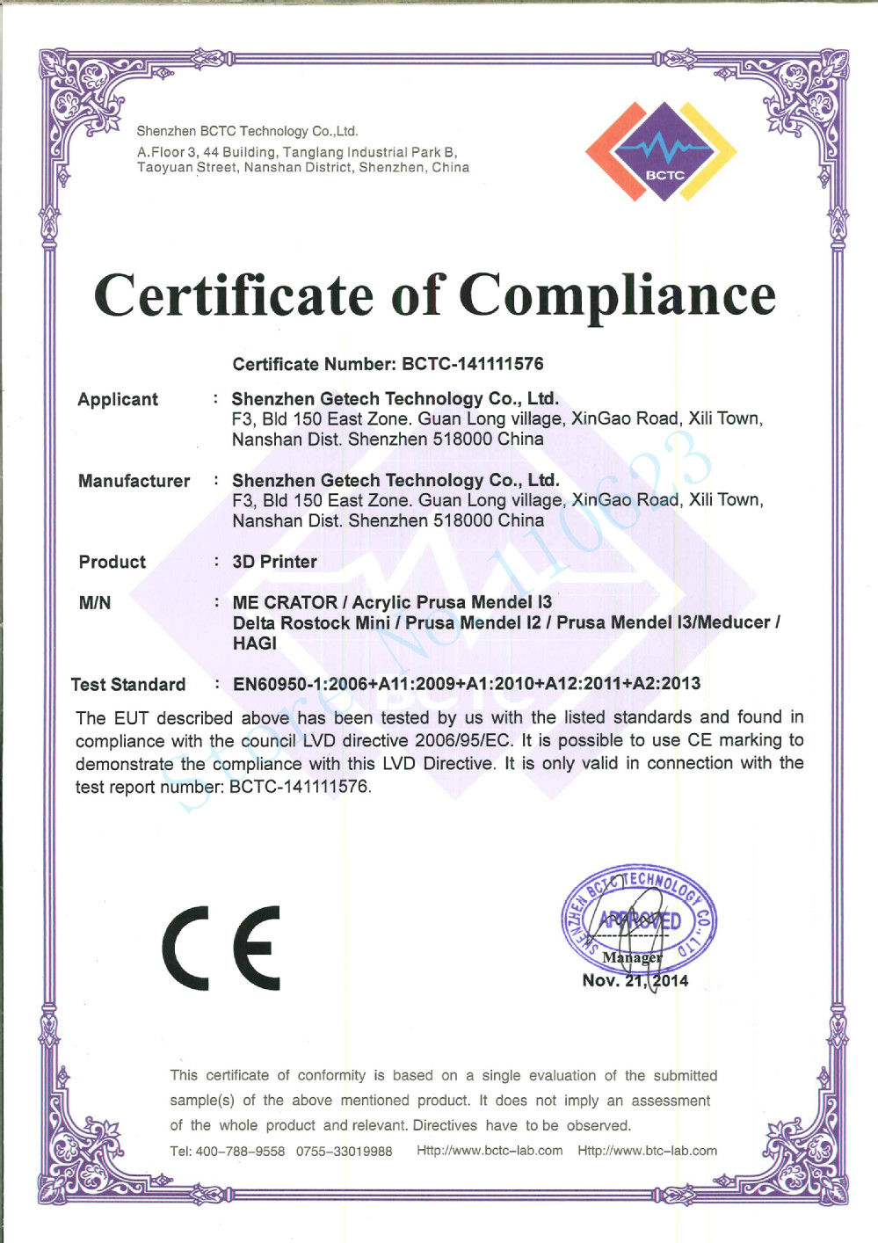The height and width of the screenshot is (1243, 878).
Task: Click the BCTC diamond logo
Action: [661, 152]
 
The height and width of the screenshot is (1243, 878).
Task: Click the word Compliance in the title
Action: [617, 295]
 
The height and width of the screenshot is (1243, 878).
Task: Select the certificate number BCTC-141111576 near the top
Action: [472, 364]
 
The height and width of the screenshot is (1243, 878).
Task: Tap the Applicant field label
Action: [118, 400]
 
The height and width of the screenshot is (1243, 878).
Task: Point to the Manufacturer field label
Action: [134, 481]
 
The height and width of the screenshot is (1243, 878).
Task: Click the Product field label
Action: [112, 562]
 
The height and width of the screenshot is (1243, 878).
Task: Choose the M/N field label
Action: [95, 603]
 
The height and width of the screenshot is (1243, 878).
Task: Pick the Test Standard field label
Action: [128, 685]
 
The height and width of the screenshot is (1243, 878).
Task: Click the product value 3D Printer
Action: [274, 562]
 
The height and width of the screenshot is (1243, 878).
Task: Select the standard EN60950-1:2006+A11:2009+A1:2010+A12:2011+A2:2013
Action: [467, 684]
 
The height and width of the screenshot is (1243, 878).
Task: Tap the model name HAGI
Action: [255, 643]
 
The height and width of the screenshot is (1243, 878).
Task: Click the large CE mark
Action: [221, 948]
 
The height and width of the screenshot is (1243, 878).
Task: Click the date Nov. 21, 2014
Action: [635, 981]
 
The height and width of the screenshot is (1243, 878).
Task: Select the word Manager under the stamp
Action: [632, 957]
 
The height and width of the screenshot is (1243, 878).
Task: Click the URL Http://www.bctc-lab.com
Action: [490, 1151]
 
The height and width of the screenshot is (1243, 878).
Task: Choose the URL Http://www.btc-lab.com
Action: [647, 1151]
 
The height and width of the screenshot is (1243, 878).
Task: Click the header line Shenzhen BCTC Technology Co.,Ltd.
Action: [247, 131]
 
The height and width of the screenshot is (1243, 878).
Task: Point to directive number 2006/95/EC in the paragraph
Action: [463, 740]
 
